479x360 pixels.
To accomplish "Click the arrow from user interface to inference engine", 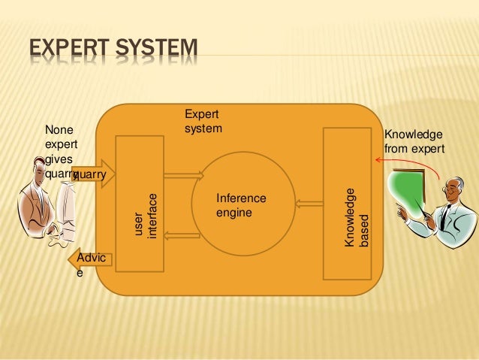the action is coord(183,176).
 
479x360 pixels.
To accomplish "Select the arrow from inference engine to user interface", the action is coord(182,235).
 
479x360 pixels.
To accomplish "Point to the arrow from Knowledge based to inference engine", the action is coord(309,202).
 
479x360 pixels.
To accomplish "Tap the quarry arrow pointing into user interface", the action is coord(94,174).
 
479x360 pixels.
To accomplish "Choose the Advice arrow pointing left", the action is coord(91,261).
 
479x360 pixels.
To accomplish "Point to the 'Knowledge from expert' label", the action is coord(414,142).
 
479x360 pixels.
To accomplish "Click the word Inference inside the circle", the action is coord(241,198).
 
